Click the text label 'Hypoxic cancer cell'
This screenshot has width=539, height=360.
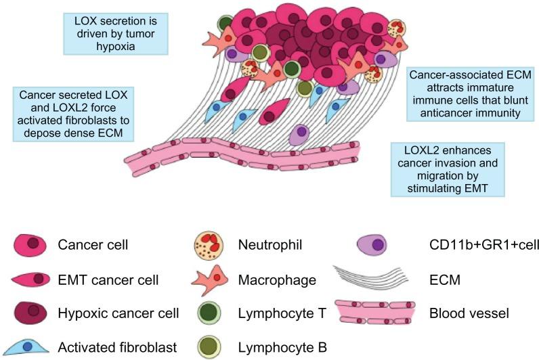pyautogui.click(x=118, y=313)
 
